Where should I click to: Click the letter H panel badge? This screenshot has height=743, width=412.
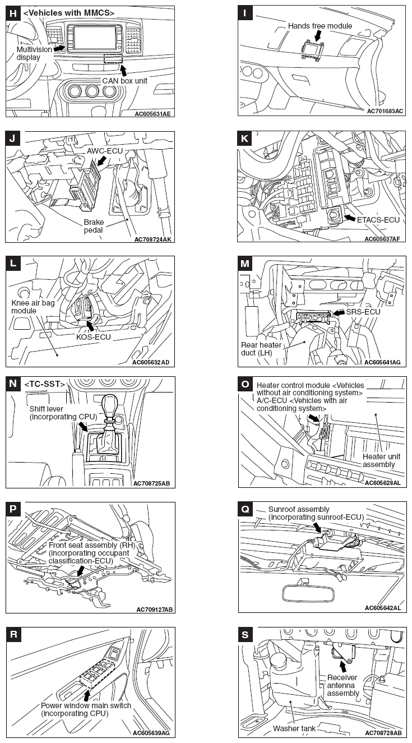(13, 13)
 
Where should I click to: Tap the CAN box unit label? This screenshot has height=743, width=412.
(124, 81)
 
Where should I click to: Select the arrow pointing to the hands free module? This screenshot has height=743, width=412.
(318, 35)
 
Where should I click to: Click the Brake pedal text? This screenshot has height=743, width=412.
(95, 226)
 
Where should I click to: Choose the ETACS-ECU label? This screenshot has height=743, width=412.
(378, 220)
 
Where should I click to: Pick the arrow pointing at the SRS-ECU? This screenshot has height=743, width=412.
(338, 312)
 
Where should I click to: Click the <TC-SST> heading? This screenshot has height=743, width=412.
(44, 384)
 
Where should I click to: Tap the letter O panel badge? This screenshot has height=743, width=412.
(246, 384)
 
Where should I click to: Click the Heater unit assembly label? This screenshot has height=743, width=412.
(382, 460)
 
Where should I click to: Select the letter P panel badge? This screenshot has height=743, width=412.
(13, 509)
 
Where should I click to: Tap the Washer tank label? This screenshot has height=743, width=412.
(294, 728)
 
